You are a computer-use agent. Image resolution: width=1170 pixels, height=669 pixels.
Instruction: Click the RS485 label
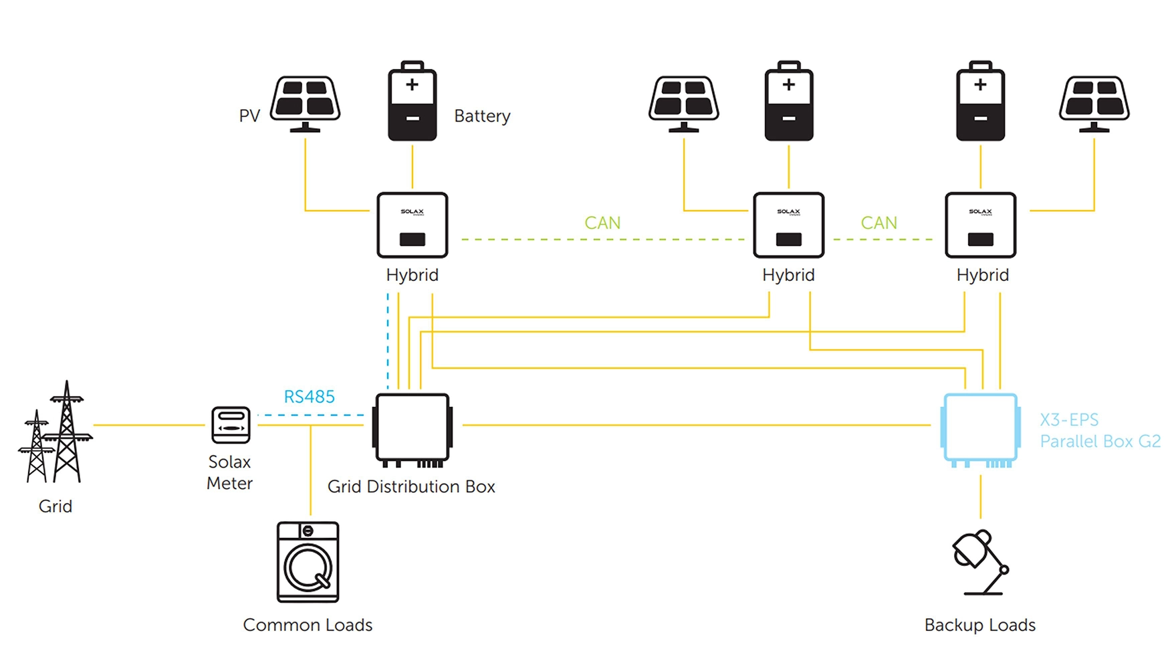(x=309, y=397)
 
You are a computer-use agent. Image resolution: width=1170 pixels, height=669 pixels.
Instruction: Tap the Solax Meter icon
(x=231, y=425)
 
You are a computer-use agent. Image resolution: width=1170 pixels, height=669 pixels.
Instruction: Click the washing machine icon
(x=308, y=562)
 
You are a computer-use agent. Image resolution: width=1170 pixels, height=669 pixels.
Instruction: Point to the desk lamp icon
(x=980, y=562)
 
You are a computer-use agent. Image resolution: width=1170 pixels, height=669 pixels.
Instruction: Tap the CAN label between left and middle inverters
(x=602, y=223)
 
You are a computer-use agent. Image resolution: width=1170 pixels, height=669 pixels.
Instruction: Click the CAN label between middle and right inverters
(x=879, y=223)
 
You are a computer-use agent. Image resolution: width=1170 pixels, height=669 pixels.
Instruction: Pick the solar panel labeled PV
(x=306, y=104)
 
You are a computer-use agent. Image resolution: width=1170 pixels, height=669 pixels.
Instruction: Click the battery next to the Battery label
(x=413, y=101)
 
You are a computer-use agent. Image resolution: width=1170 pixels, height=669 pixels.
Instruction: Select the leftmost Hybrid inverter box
(x=413, y=225)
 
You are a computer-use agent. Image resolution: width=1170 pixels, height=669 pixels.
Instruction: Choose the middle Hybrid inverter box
(x=789, y=225)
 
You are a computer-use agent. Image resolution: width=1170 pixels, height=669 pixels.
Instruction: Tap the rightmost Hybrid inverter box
(x=981, y=225)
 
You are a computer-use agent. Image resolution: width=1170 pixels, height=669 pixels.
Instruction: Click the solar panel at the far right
(x=1094, y=104)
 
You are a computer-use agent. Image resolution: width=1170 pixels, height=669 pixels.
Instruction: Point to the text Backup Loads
(x=979, y=625)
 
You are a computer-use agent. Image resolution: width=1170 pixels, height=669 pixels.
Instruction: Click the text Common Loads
(x=308, y=625)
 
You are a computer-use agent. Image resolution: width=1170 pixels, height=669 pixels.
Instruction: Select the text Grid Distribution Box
(x=411, y=486)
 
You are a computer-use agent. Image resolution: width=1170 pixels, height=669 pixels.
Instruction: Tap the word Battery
(x=482, y=116)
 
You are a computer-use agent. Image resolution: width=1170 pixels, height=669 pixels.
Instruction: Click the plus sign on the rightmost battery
(x=980, y=85)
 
